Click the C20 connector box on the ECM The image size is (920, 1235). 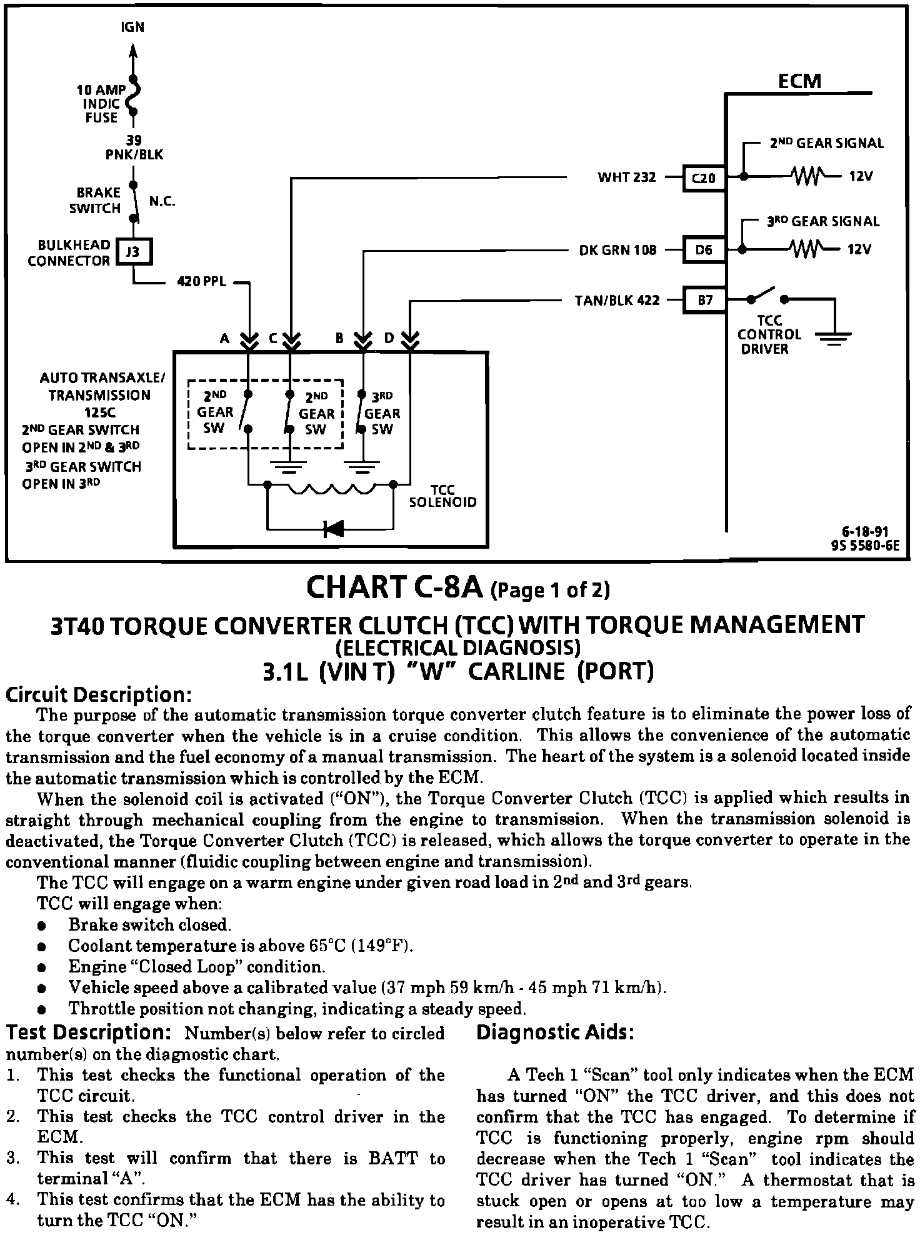point(704,178)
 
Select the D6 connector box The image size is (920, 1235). point(704,250)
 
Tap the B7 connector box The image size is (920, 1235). point(705,301)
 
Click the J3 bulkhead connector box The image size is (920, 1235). point(134,252)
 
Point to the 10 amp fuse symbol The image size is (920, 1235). point(133,97)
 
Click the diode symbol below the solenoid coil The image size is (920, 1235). point(333,529)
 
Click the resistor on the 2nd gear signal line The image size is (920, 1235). point(808,176)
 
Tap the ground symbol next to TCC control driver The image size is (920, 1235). point(834,339)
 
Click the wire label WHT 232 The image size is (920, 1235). point(627,177)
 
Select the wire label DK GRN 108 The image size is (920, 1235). point(618,251)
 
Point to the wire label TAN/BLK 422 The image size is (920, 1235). point(617,301)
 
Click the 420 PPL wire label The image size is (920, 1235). point(202,282)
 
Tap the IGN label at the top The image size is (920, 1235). point(132,27)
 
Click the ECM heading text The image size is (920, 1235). point(799,81)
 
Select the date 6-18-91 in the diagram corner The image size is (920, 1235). point(864,532)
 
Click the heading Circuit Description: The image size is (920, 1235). point(98,694)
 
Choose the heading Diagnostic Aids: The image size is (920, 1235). point(555,1032)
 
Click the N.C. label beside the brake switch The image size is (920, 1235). point(162,202)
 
